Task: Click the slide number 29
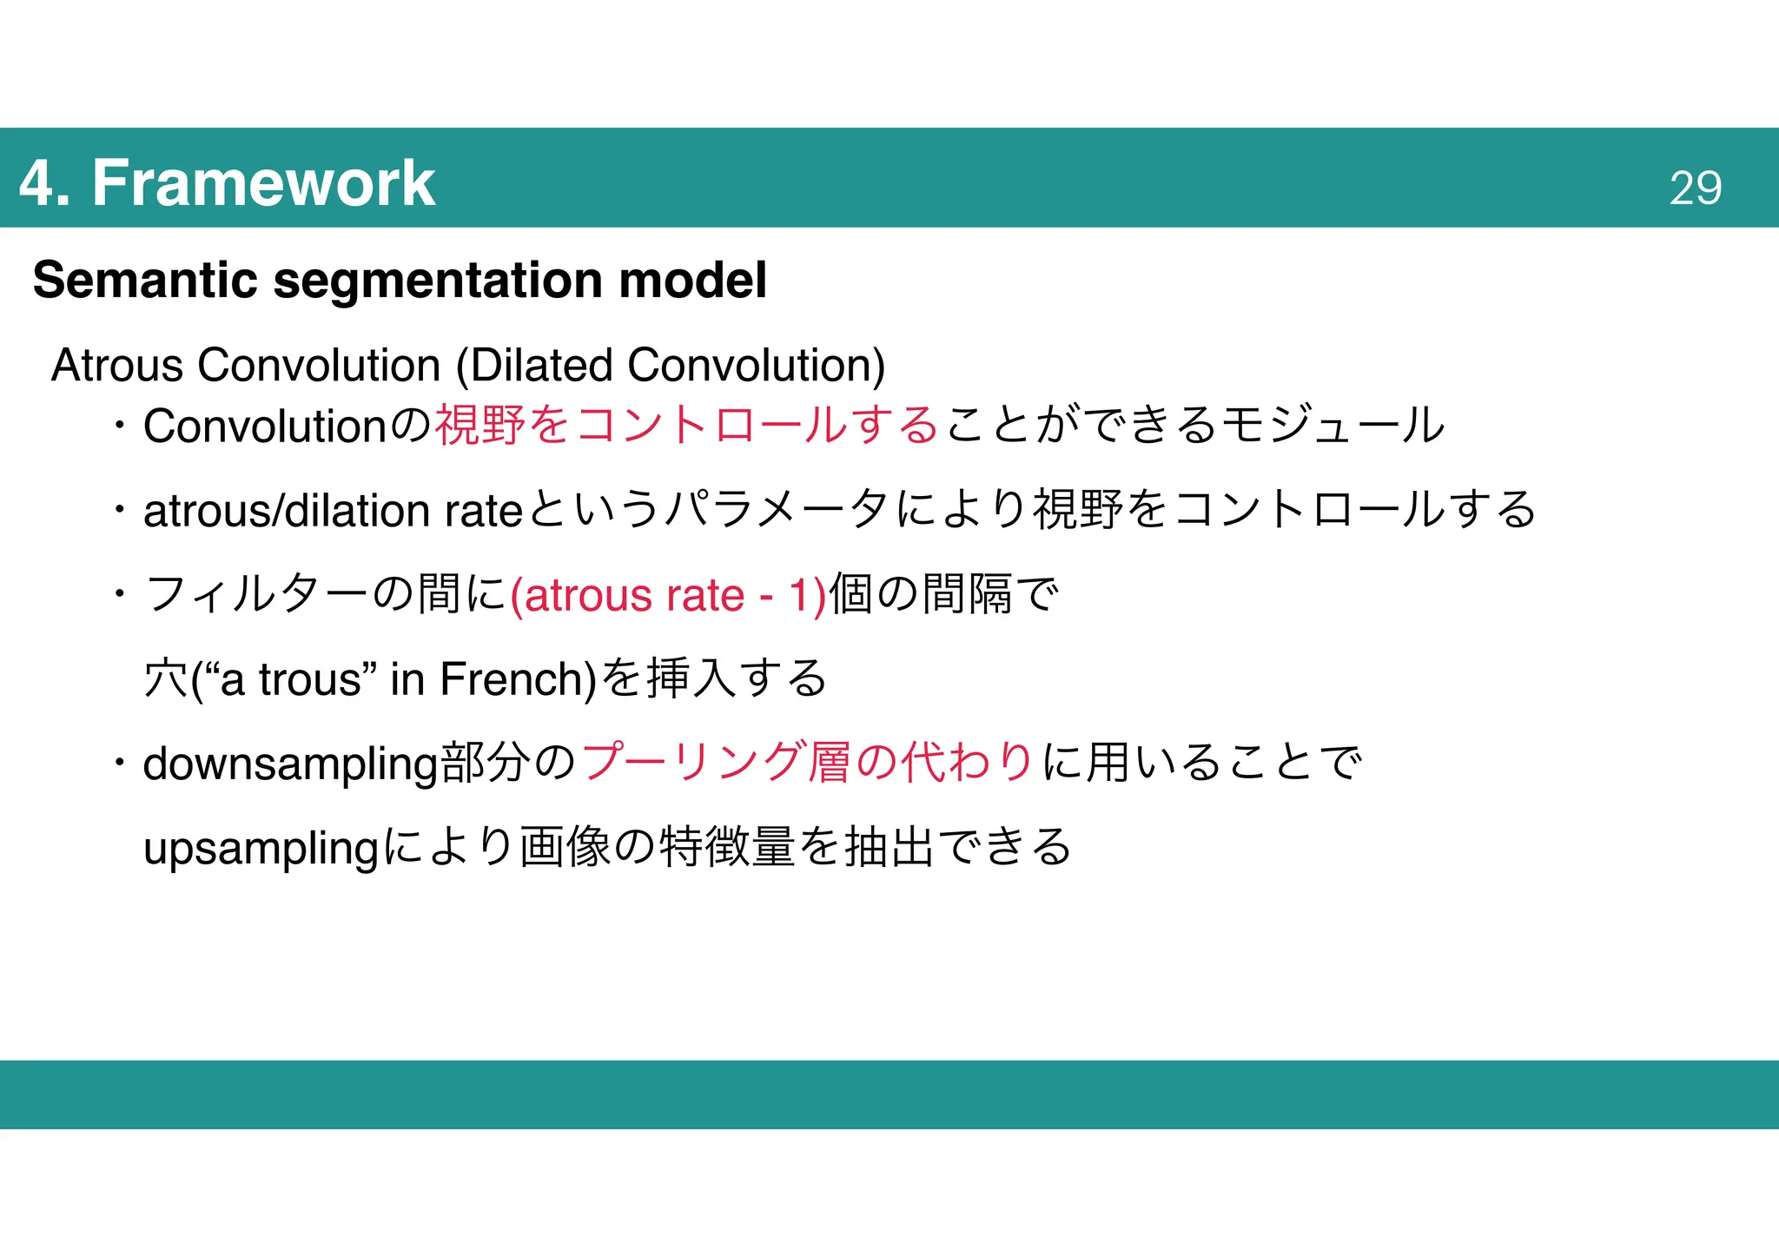tap(1695, 188)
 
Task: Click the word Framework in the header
tap(263, 183)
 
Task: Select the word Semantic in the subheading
tap(145, 280)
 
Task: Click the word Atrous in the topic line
tap(117, 365)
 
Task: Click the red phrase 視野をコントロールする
tap(686, 425)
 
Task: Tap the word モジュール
tap(1333, 425)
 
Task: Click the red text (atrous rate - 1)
tap(667, 595)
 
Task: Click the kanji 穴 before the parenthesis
tap(166, 678)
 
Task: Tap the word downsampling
tap(291, 764)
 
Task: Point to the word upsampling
tap(261, 848)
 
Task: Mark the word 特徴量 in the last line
tap(727, 847)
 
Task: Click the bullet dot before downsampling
tap(119, 764)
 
